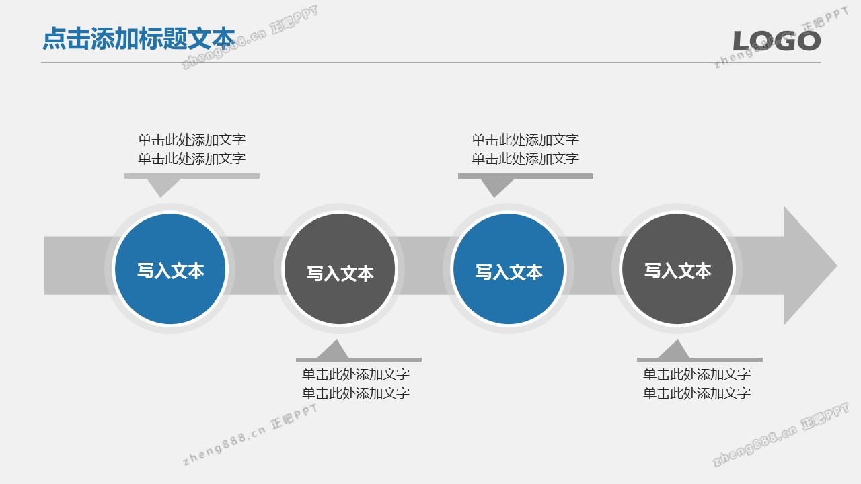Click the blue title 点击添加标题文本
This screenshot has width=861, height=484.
[139, 38]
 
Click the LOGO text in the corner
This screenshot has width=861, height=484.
[777, 41]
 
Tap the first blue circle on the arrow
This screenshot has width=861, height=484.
[170, 269]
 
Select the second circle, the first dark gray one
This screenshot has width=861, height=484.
[340, 269]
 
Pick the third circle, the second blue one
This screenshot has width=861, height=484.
[509, 269]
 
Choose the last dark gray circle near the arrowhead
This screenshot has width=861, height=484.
[677, 269]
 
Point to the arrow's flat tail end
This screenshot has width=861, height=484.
[45, 266]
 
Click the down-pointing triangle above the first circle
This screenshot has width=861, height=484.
[161, 188]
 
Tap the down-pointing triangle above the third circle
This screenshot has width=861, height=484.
[495, 188]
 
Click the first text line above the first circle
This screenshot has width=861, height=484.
[192, 140]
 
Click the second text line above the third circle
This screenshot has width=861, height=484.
[525, 159]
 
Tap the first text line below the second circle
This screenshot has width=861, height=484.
[356, 374]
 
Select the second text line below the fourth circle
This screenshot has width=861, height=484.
[697, 393]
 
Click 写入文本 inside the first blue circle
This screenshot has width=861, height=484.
[171, 271]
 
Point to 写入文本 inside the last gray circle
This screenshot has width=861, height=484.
[677, 271]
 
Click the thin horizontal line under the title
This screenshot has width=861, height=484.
[431, 63]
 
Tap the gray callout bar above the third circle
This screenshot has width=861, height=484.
[525, 176]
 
